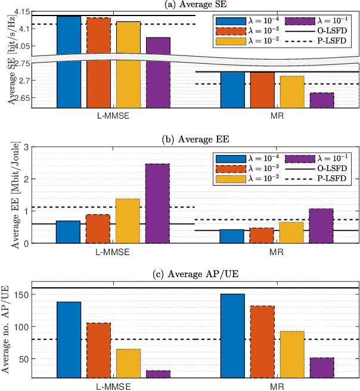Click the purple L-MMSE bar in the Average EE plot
click(158, 203)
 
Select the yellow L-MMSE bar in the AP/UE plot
click(128, 363)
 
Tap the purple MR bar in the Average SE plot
click(322, 100)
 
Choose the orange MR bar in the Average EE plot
click(262, 235)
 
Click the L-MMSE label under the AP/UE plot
click(114, 386)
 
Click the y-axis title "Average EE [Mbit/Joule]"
click(9, 194)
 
